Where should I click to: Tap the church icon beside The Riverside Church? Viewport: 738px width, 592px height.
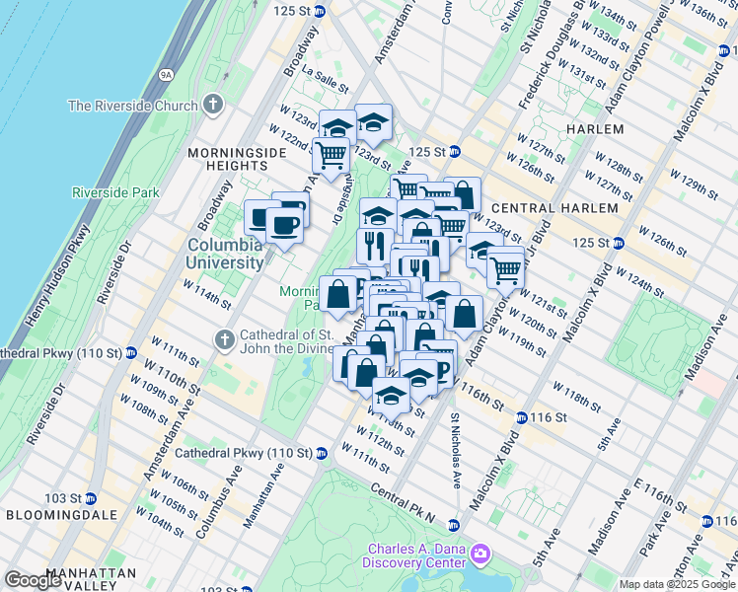[x=213, y=106]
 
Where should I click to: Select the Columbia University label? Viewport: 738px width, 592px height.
[x=226, y=254]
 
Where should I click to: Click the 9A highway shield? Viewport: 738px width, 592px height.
[x=166, y=73]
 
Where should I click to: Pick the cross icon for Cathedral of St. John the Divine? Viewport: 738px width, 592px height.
[x=222, y=340]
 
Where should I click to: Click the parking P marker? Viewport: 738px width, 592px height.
[x=442, y=369]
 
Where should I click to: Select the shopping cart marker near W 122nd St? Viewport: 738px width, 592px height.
[x=331, y=155]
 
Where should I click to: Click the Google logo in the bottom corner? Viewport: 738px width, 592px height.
[x=33, y=580]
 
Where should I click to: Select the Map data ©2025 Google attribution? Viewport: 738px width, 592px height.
[x=677, y=584]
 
